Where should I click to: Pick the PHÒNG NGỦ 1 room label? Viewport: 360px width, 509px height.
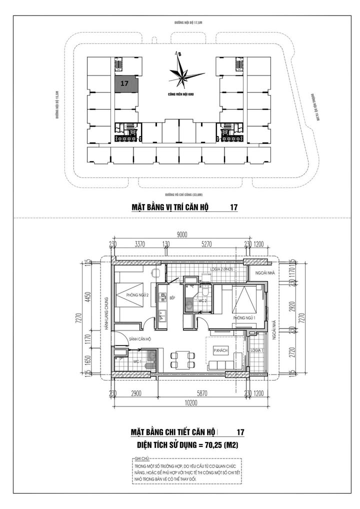244,318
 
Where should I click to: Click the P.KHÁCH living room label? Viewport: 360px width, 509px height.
220,351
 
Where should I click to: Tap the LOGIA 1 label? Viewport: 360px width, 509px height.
257,349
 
